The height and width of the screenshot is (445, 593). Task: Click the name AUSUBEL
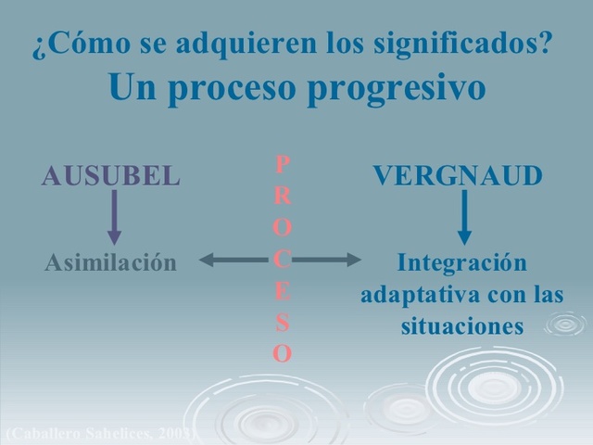coord(111,176)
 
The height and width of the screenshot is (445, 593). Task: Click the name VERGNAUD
coord(458,176)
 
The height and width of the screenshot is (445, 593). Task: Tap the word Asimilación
coord(110,262)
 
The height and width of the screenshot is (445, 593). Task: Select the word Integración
coord(461,262)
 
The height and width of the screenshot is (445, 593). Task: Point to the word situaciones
coord(462,327)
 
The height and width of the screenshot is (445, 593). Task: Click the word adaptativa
coord(413,295)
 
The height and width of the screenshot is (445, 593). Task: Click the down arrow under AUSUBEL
coord(115,217)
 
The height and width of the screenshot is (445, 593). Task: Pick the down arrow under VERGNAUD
coord(465,217)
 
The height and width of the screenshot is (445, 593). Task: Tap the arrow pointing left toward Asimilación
coord(232,261)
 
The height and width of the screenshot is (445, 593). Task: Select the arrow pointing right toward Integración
coord(329,261)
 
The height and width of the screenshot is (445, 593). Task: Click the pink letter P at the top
coord(283,164)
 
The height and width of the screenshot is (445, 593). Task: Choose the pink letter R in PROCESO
coord(283,196)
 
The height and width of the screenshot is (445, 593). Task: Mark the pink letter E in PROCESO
coord(283,291)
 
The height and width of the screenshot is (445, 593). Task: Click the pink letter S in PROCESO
coord(283,323)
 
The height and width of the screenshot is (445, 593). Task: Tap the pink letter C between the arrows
coord(283,259)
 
